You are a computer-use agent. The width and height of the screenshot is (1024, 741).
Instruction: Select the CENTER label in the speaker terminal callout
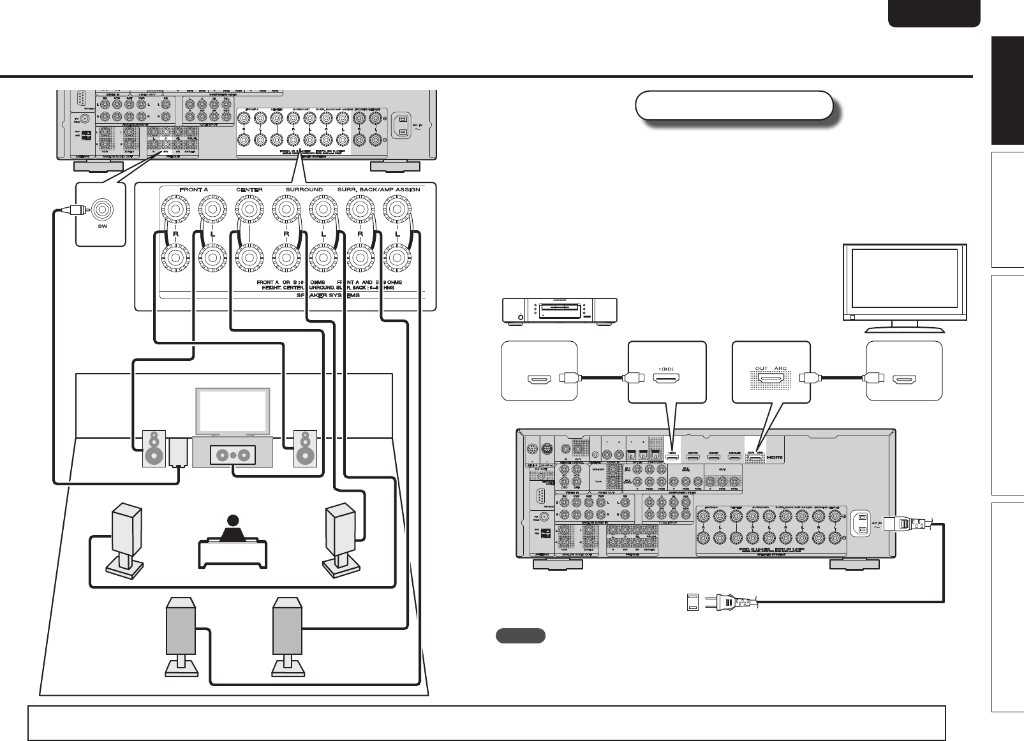249,190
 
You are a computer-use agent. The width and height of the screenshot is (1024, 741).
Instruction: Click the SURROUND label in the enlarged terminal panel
304,190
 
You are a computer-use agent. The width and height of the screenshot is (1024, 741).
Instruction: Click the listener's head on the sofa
232,520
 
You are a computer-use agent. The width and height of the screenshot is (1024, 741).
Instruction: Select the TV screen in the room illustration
232,411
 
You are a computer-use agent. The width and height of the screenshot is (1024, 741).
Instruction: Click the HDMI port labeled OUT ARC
771,381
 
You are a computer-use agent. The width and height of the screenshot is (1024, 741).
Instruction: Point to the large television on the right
904,282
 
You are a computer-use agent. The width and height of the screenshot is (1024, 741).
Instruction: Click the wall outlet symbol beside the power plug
692,601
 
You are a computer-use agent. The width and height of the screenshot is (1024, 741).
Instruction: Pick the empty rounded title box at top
734,106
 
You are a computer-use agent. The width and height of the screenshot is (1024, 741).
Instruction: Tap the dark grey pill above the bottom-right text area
520,635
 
